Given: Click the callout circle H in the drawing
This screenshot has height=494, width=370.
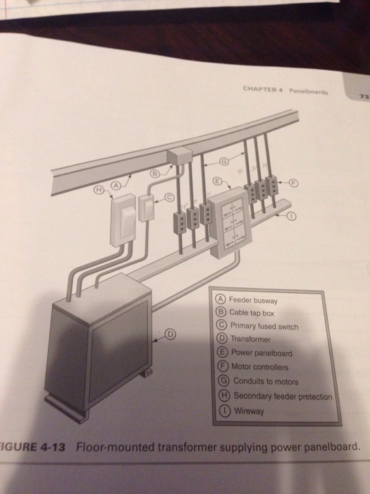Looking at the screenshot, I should coord(100,190).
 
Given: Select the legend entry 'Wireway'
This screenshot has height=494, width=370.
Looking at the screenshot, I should coord(247,411).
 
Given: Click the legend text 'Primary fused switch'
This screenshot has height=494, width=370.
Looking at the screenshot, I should coord(265,326).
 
